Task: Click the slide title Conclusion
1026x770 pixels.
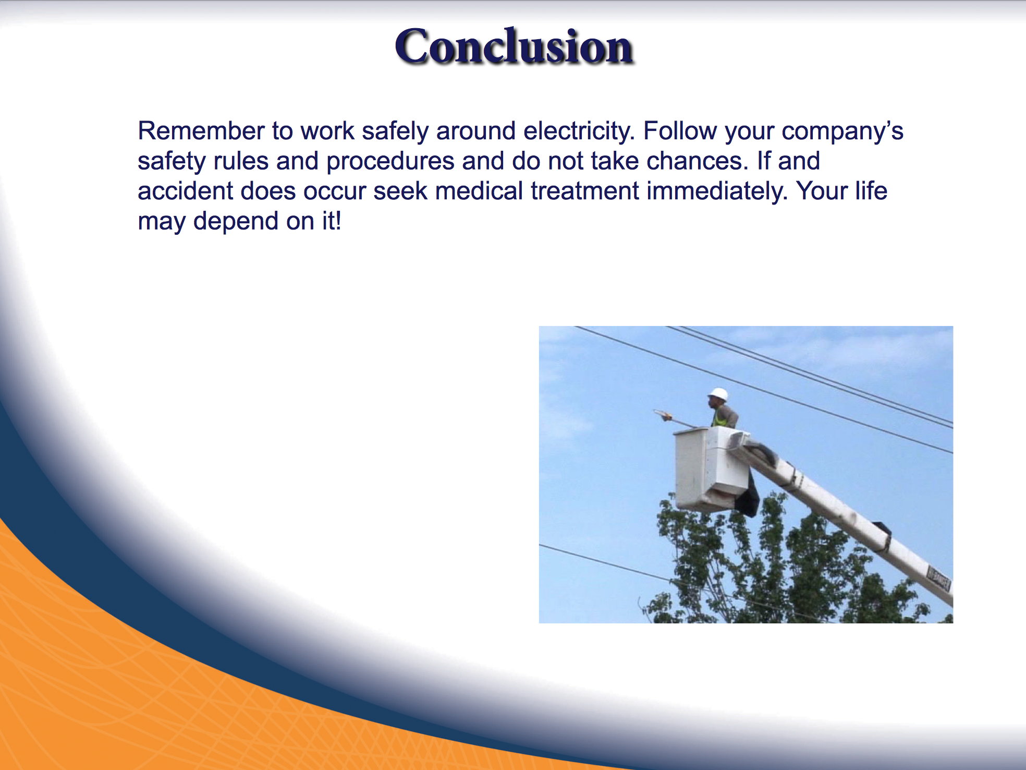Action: point(514,46)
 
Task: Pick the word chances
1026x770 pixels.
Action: point(698,161)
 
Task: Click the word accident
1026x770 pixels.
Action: point(185,191)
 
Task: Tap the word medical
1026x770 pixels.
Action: point(479,191)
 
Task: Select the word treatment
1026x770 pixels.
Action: point(585,191)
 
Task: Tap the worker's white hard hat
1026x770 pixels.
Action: point(718,394)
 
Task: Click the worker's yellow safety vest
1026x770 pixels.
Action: point(721,418)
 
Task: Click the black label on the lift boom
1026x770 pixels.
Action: point(938,577)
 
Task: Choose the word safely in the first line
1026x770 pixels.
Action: point(396,131)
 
